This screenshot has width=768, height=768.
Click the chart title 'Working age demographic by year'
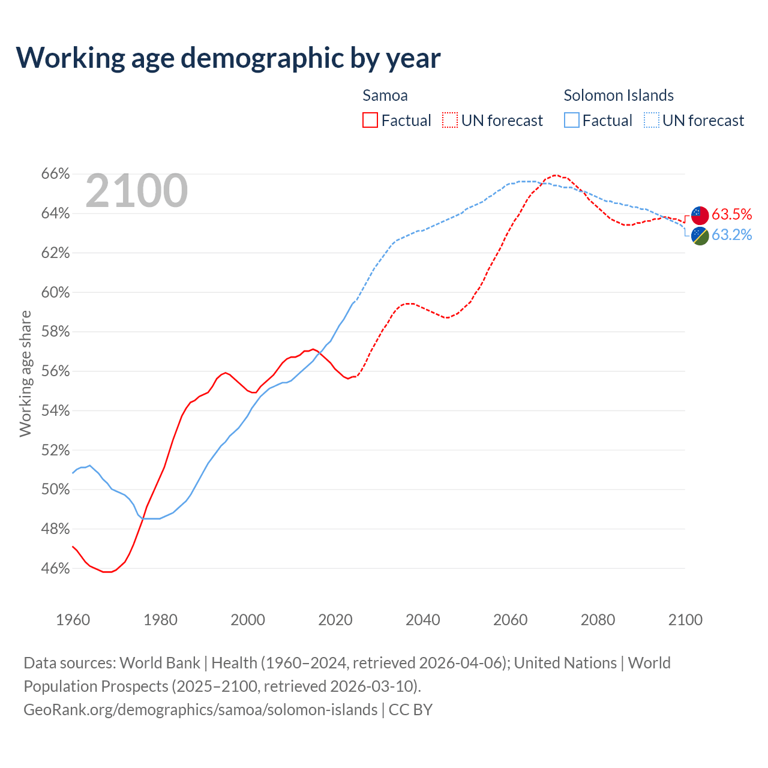point(228,58)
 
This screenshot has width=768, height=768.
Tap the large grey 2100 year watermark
point(137,191)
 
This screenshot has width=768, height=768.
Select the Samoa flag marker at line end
point(700,215)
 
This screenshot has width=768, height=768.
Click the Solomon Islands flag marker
point(700,235)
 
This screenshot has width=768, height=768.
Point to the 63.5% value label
point(731,215)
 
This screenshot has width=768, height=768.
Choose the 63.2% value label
point(731,235)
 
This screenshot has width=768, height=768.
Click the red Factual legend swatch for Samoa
point(370,121)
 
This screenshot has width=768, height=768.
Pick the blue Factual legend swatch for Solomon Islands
point(572,121)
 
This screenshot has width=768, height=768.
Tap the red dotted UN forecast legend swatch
point(450,121)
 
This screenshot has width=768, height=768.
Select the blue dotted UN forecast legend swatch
point(652,121)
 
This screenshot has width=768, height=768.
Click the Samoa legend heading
point(385,95)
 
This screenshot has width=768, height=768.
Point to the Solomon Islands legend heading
point(619,95)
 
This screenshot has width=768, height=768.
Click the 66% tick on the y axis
point(55,174)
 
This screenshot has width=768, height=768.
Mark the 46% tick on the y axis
point(55,568)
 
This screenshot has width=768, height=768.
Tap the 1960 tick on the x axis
point(73,620)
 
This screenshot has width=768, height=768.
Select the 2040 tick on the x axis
point(423,620)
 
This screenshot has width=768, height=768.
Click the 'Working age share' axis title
point(25,373)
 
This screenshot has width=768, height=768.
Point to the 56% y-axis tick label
point(55,371)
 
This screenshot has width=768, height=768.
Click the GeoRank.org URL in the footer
point(200,710)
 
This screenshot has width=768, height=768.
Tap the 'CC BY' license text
point(410,710)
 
